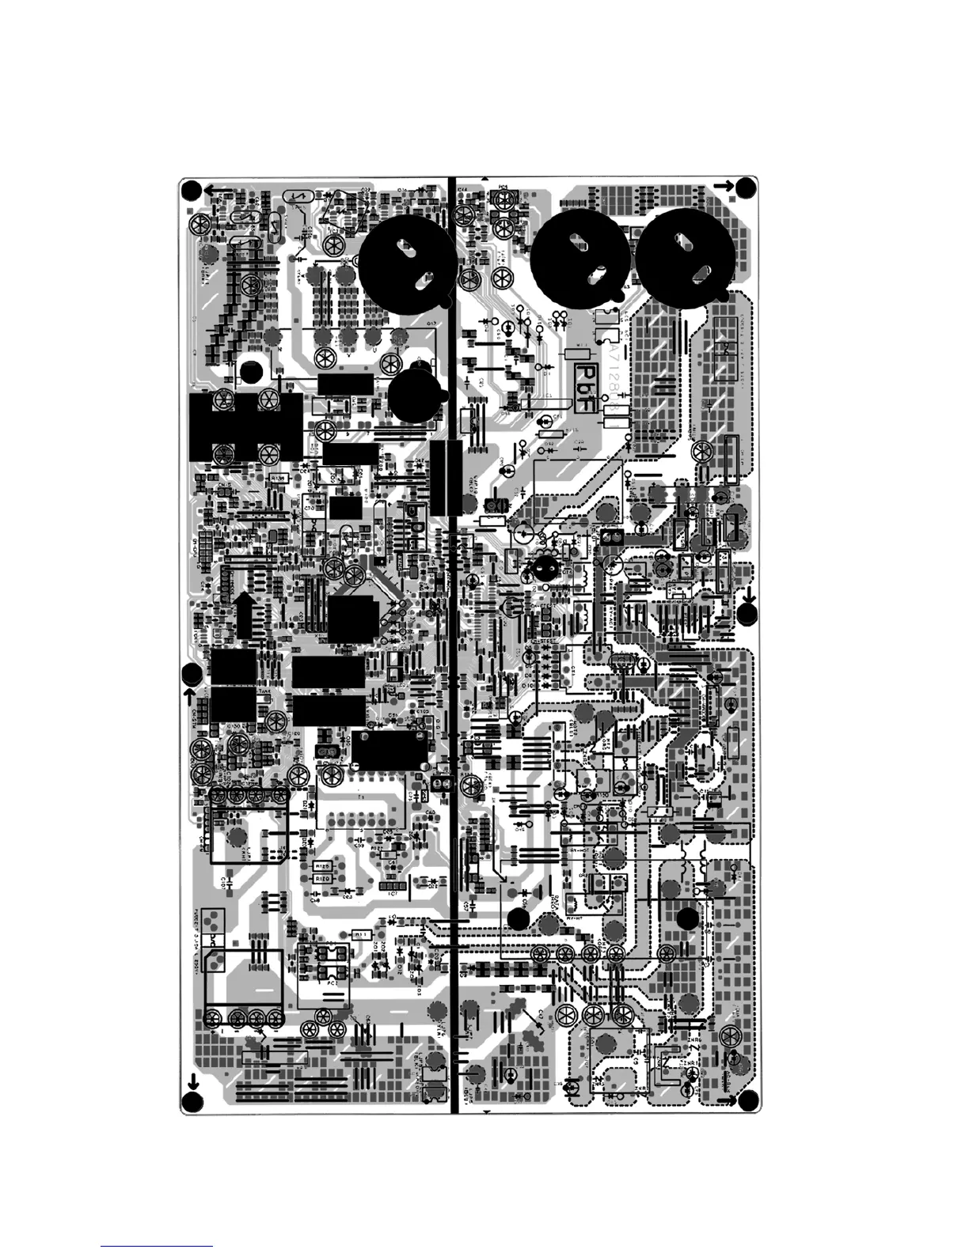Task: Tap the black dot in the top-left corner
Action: click(x=191, y=190)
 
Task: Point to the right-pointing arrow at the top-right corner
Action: click(x=723, y=186)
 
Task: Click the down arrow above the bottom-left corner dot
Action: click(x=191, y=1083)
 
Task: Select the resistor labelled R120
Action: click(x=322, y=879)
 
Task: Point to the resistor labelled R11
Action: click(x=361, y=933)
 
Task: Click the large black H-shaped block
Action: click(x=246, y=427)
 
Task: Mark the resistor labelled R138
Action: click(x=278, y=478)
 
